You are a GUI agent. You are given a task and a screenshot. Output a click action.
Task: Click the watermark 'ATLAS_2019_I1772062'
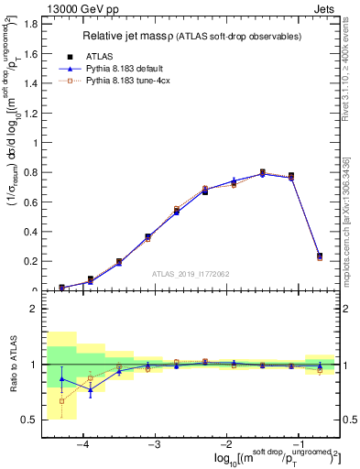[191, 273]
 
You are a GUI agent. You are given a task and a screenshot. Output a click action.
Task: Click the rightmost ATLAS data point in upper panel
[319, 256]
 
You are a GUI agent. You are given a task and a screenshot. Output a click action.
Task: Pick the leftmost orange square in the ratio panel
[61, 400]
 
